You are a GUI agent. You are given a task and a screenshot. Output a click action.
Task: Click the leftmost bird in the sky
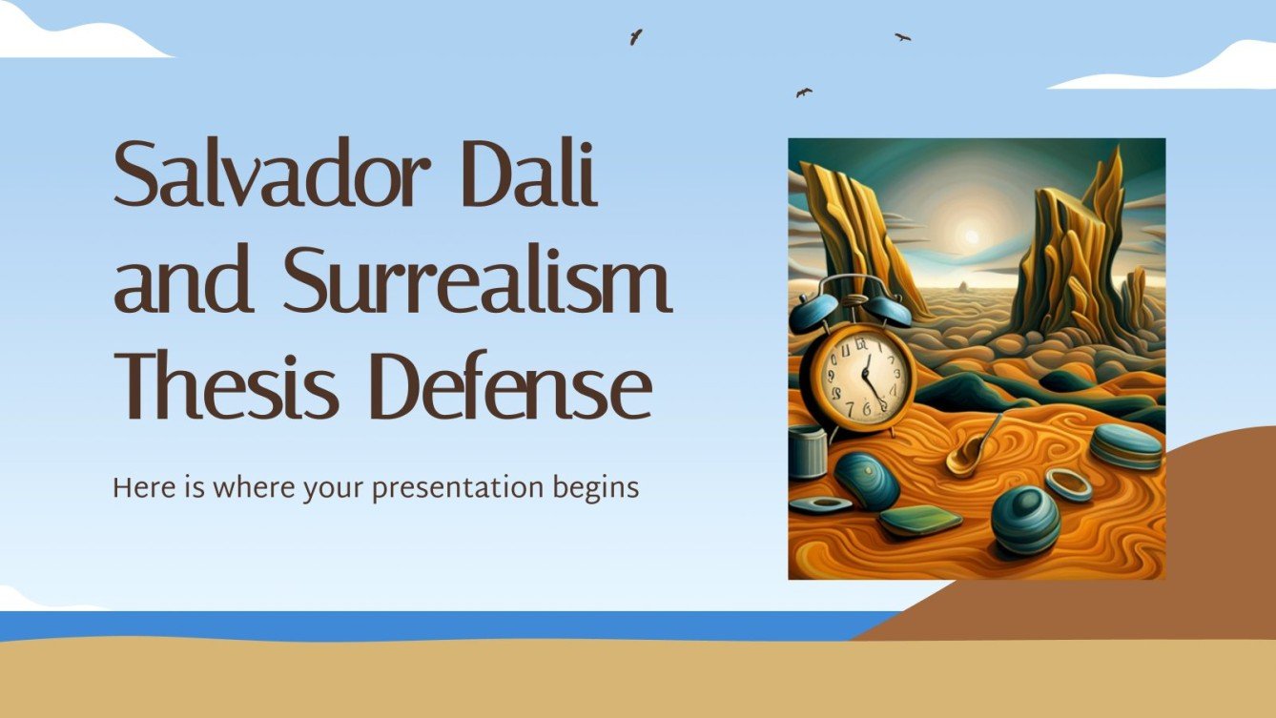(635, 36)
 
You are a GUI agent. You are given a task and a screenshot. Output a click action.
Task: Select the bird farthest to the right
(902, 37)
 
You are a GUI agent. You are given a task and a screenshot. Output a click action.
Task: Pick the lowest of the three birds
(804, 92)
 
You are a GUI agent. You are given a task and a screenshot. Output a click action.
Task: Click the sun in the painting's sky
(971, 235)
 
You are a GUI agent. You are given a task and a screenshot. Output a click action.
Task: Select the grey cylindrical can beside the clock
(806, 451)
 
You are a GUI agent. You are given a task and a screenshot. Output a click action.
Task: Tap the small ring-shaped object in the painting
(1069, 483)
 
